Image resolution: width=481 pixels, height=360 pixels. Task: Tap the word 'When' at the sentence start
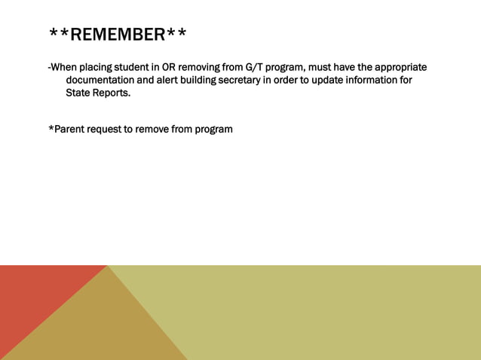pyautogui.click(x=66, y=67)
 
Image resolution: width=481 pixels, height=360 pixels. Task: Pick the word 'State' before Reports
pyautogui.click(x=79, y=93)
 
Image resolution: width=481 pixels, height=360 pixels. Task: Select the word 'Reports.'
pyautogui.click(x=113, y=93)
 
